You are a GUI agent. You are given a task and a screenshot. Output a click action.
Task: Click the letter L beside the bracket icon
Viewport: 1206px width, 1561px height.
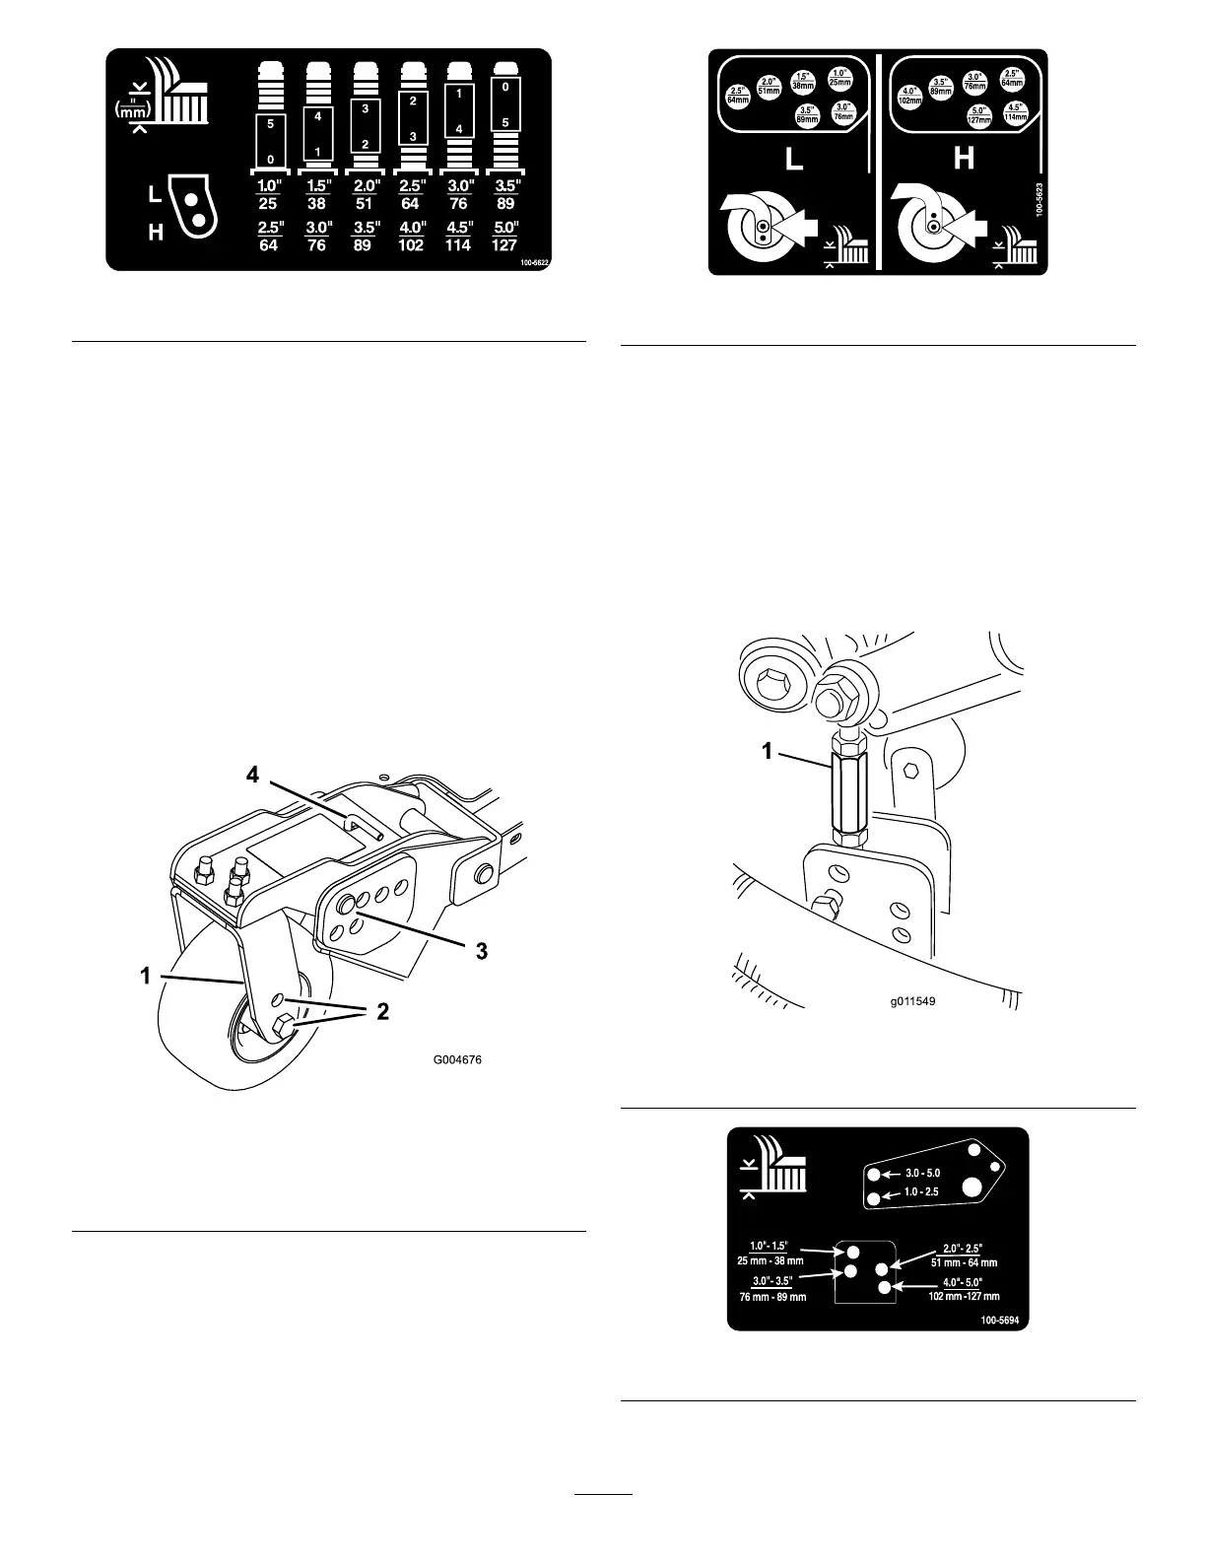(x=155, y=195)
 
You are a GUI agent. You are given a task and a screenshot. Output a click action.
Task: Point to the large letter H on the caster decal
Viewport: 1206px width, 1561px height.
(x=964, y=158)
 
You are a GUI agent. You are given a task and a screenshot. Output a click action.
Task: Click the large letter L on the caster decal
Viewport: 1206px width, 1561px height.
(x=793, y=160)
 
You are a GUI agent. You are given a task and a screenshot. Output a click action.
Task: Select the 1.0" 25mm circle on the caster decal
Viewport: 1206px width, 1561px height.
(x=840, y=78)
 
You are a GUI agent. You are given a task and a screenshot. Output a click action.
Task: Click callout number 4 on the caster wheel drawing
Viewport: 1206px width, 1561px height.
(x=253, y=775)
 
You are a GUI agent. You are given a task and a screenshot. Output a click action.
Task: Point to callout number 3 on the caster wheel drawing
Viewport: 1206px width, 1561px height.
(x=482, y=952)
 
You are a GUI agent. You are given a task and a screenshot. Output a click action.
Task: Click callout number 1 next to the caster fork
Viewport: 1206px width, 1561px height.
(x=145, y=976)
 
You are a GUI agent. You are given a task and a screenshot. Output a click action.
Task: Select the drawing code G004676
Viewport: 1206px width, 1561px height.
(x=457, y=1061)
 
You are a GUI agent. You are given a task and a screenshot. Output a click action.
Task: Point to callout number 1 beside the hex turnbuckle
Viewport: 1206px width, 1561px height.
(x=767, y=752)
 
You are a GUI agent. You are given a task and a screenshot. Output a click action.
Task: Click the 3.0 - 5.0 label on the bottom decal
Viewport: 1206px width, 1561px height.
(x=922, y=1173)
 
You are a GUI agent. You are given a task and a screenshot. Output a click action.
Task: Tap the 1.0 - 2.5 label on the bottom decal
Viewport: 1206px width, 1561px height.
(x=921, y=1191)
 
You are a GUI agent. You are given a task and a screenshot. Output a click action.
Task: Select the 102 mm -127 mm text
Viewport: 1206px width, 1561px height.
(x=965, y=1296)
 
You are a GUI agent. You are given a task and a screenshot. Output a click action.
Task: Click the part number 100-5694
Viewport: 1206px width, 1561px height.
(x=999, y=1320)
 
